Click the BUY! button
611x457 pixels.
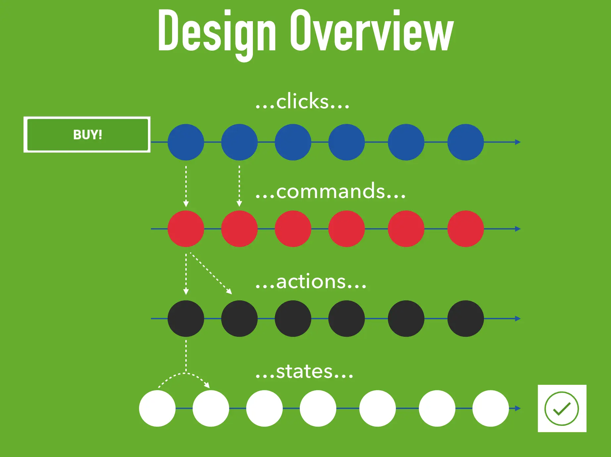(87, 135)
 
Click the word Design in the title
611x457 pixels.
(217, 31)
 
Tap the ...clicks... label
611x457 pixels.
(302, 101)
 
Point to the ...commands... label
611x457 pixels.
(330, 191)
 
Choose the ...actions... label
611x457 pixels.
(311, 281)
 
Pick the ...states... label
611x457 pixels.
(304, 372)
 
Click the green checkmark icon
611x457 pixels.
(562, 408)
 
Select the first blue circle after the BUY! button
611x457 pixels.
(186, 142)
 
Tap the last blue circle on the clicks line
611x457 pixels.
(465, 142)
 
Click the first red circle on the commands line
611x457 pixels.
(186, 229)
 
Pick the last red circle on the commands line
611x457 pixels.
(465, 229)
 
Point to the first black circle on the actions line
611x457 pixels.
(186, 319)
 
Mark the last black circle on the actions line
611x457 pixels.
(465, 319)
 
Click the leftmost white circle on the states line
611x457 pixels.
(157, 408)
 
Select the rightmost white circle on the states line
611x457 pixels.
(491, 408)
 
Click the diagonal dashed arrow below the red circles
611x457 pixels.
(211, 273)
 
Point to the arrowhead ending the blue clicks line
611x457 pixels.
(518, 142)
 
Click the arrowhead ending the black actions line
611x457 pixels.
(518, 319)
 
